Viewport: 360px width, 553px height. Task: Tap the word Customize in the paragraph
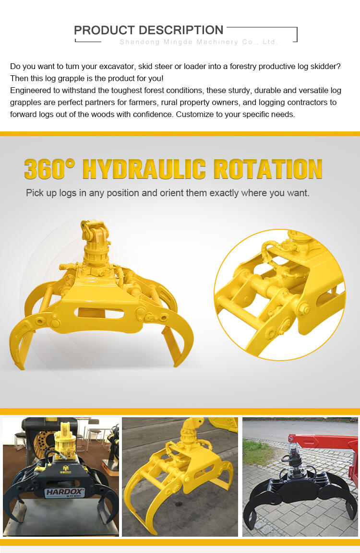pos(192,114)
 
